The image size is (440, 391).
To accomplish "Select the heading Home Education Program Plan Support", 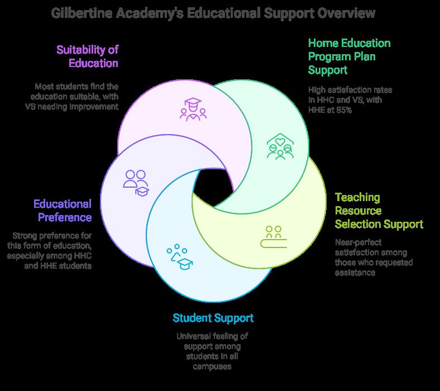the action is [x=349, y=56].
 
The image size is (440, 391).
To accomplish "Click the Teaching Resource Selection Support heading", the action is [x=379, y=211].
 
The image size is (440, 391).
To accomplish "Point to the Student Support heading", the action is [x=213, y=318].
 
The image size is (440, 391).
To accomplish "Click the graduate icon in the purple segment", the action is [x=193, y=108].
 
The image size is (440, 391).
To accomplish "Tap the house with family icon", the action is [x=280, y=146].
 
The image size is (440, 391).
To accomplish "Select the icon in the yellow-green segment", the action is [x=274, y=236].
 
